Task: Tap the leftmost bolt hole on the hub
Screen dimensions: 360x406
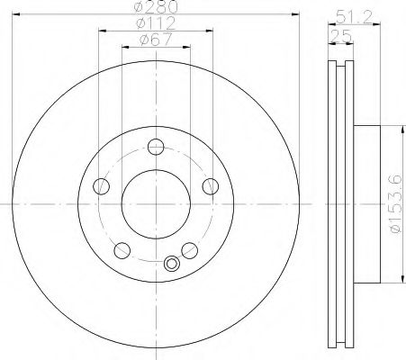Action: click(x=101, y=186)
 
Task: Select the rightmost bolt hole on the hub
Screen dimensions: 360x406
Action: click(x=211, y=186)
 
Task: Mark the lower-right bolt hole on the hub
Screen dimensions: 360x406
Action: click(x=189, y=249)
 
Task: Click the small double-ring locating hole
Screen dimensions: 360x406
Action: click(x=171, y=264)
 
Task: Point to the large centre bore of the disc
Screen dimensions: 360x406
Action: click(x=155, y=202)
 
